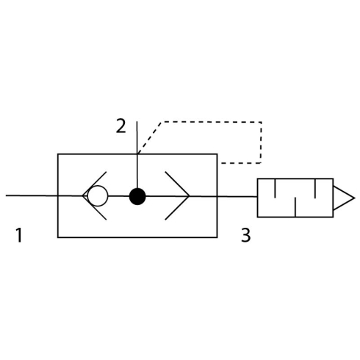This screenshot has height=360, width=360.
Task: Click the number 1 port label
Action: coord(18,234)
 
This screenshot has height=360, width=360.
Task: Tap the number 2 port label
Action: coord(121,126)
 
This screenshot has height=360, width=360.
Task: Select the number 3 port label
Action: coord(246,235)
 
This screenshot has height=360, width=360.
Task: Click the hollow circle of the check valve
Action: coord(98,196)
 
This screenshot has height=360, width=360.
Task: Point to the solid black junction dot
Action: coord(137,196)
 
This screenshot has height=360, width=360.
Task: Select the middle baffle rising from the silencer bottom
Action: coord(295,207)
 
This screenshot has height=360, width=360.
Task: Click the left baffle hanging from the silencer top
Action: coord(276,188)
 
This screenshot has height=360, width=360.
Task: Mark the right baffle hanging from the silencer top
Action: coord(315,188)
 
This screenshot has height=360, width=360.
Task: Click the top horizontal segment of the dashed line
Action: coord(212,122)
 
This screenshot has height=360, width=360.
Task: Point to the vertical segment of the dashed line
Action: coord(261,143)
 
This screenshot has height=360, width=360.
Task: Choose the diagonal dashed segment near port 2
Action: coord(149,137)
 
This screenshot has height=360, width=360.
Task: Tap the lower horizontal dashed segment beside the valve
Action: coord(241,163)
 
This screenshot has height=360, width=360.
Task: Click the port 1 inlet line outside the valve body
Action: coord(32,195)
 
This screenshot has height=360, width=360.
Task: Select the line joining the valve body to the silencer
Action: coord(237,196)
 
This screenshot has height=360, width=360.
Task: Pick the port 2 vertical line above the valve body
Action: coord(137,137)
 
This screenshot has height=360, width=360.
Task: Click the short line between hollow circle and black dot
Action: coord(118,196)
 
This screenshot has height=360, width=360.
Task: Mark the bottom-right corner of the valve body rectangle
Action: coord(217,237)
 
